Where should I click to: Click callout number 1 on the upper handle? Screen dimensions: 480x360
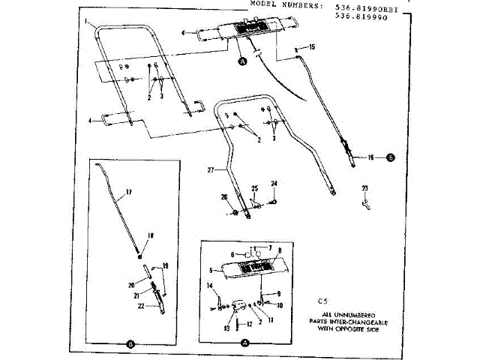coord(88,19)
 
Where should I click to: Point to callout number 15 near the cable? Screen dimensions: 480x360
coord(312,47)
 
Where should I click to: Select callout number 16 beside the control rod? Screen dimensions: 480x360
coord(370,157)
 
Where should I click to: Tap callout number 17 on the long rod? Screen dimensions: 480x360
coord(128,193)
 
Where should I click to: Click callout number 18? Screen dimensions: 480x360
coord(150,235)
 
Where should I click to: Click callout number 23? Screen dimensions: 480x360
coord(365,187)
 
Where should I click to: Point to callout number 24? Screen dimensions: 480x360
coord(274,183)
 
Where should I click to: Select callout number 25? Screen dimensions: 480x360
coord(254,187)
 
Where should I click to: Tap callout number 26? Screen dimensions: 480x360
coord(223,197)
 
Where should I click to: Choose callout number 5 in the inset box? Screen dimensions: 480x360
coord(211,270)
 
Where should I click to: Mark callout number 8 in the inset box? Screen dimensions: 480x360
coord(279,250)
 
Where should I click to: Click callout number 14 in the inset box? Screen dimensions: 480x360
coord(210,286)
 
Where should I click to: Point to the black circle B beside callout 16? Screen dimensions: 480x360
coord(389,157)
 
